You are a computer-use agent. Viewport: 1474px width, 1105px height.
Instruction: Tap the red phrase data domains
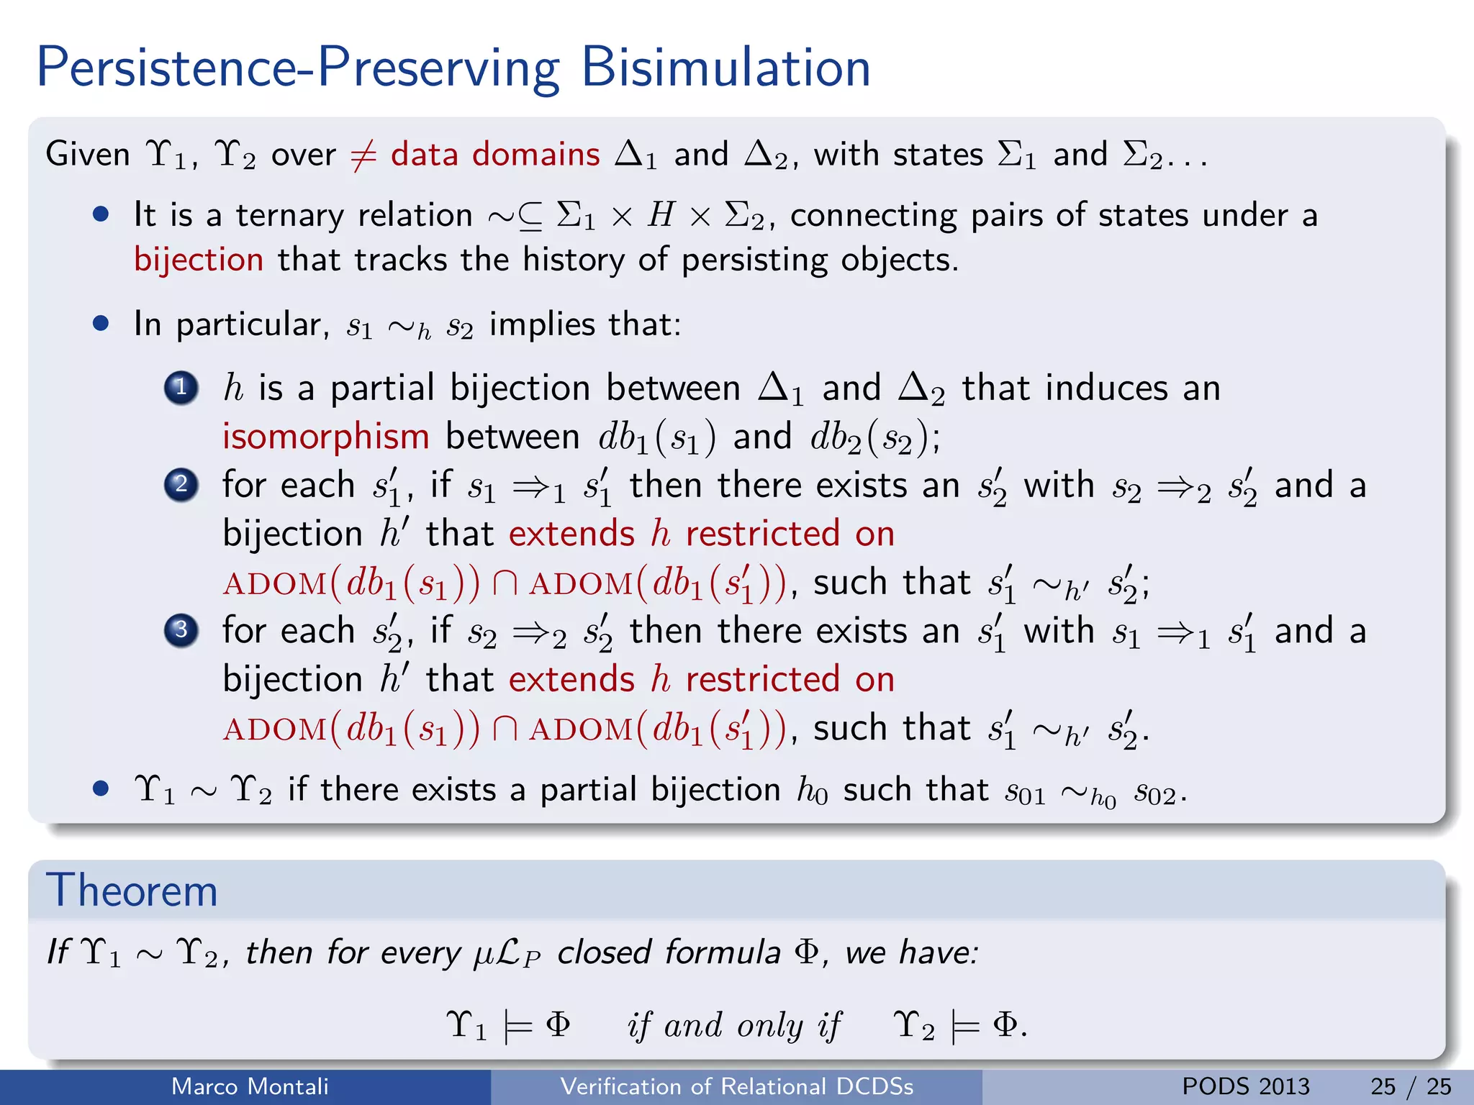(495, 155)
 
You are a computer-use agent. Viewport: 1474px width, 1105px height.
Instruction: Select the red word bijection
(199, 260)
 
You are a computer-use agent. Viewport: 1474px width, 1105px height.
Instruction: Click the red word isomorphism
(325, 437)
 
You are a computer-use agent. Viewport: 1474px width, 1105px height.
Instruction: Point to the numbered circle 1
(181, 388)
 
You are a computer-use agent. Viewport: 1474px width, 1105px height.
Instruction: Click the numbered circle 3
(181, 630)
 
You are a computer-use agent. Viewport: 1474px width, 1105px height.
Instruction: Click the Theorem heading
(132, 891)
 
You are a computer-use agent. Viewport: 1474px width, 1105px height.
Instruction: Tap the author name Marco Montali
(250, 1086)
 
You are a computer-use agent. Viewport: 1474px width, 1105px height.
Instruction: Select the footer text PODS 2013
(1246, 1086)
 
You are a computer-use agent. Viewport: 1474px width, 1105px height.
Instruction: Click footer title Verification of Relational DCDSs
(736, 1086)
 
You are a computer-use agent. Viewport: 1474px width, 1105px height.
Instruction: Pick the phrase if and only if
(733, 1025)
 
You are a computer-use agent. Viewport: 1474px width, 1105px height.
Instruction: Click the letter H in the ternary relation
(661, 215)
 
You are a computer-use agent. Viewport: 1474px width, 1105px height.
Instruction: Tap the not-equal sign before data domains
(363, 155)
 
